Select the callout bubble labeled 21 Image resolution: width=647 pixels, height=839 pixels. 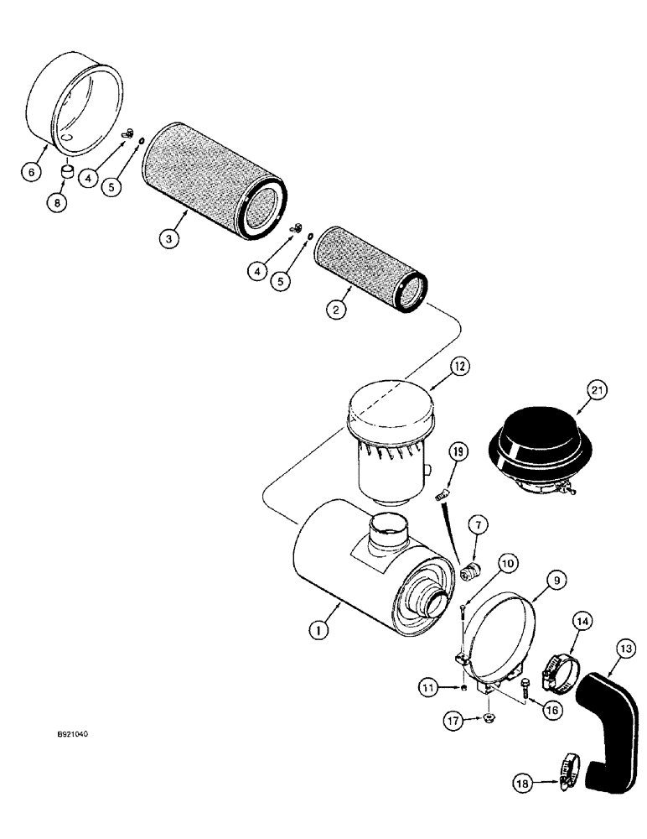(x=597, y=391)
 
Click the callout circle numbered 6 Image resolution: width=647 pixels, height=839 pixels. (x=31, y=171)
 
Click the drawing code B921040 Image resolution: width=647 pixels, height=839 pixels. (x=73, y=733)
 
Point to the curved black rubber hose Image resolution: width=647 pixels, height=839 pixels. (x=605, y=722)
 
